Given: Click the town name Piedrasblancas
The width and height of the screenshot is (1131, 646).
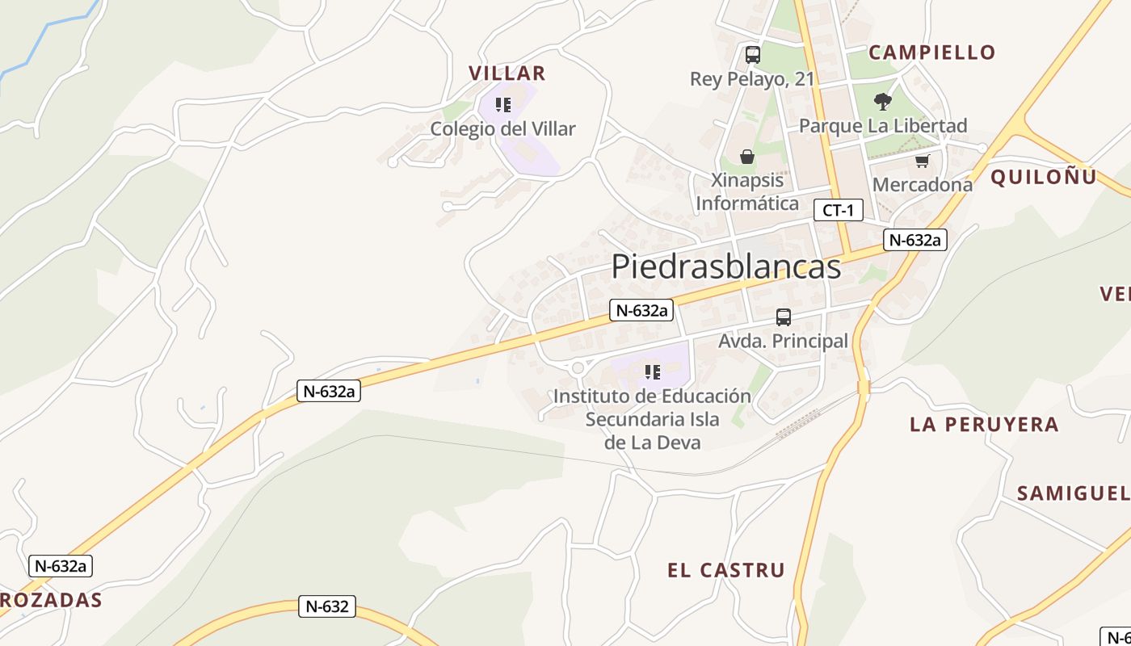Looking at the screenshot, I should (x=725, y=266).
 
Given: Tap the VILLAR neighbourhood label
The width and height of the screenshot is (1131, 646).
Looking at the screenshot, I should (x=507, y=73).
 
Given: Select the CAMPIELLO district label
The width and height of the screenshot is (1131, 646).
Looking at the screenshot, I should (x=931, y=52).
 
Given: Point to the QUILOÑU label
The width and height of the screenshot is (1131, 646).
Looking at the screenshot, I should (x=1044, y=177).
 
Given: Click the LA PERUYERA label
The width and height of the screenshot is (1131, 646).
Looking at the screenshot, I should (x=984, y=424).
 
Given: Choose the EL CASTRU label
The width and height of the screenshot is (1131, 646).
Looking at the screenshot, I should (x=725, y=570).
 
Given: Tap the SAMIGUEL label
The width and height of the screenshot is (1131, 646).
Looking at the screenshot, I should (x=1073, y=493).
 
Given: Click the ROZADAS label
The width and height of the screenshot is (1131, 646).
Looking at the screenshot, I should (x=52, y=600).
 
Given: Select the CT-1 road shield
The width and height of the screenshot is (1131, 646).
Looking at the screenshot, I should (x=838, y=211).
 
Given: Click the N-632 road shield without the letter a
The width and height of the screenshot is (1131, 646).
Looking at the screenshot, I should (x=327, y=606).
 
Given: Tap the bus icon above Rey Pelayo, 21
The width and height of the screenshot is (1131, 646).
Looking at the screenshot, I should (x=752, y=55).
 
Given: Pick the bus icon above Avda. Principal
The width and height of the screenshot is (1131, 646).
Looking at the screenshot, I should (x=783, y=317).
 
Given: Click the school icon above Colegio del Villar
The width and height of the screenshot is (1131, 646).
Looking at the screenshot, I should (x=503, y=104).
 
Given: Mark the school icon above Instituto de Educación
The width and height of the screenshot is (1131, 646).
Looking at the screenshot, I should (x=652, y=372).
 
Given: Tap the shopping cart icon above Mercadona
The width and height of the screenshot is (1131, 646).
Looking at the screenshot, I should (x=922, y=161).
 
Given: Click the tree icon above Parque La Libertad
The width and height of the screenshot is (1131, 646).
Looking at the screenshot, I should (x=882, y=102).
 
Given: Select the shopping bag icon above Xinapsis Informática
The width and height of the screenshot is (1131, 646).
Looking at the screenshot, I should (x=746, y=156).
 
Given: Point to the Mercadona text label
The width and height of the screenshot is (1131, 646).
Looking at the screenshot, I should (x=922, y=185).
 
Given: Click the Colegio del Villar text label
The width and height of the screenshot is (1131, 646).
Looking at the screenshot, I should (x=502, y=129).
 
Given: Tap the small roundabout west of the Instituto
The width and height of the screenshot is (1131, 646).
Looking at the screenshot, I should (x=577, y=368).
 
